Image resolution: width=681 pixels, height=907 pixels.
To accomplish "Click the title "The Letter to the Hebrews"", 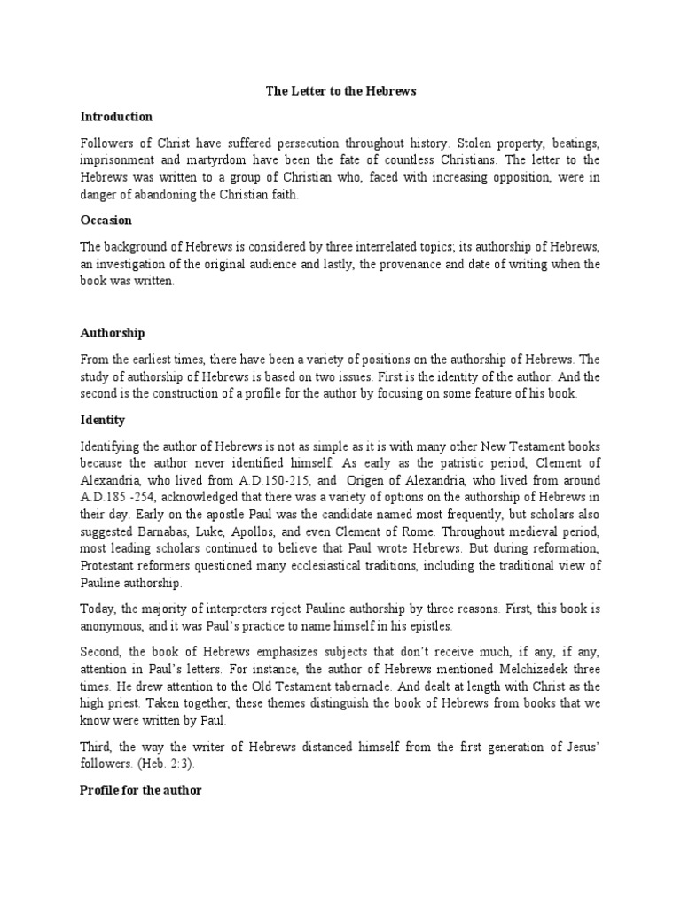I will point(340,91).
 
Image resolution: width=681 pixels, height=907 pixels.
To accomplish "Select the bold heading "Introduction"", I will point(116,117).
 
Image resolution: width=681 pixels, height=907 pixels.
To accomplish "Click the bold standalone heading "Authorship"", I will point(113,333).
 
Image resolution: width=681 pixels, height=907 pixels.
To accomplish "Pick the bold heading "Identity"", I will point(102,419).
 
